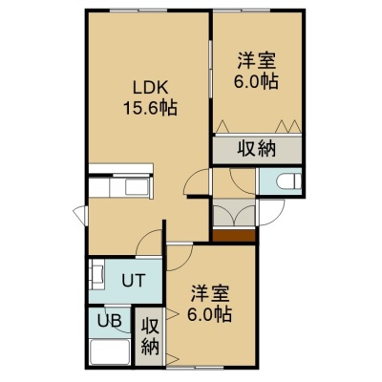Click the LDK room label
pos(150,88)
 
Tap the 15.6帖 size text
pos(150,108)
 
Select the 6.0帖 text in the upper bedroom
pos(257,82)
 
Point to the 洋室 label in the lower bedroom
pos(210,293)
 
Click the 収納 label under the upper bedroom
pos(257,148)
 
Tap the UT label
pos(134,281)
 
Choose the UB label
pos(109,321)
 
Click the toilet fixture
pos(288,181)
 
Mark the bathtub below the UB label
pos(110,351)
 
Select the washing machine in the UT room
pos(97,274)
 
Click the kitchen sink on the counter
pos(137,188)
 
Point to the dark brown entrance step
pos(234,236)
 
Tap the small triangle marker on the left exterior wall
pos(80,212)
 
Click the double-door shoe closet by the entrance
pos(234,212)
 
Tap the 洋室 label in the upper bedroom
pos(257,61)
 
